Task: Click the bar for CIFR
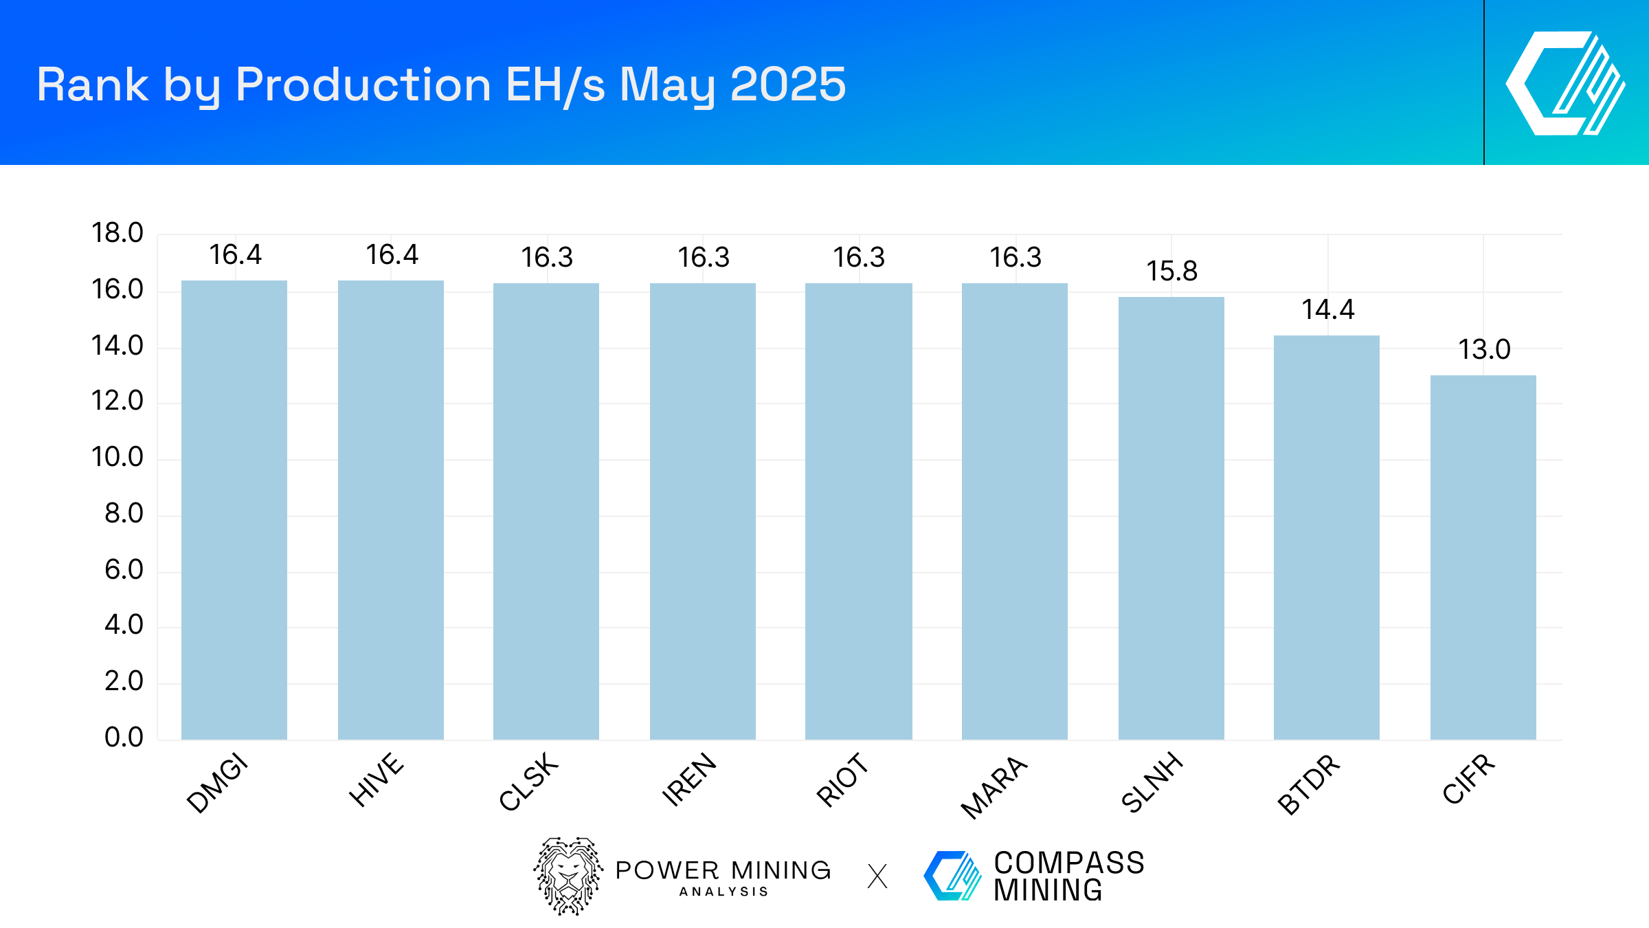tap(1483, 557)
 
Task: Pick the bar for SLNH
tap(1171, 518)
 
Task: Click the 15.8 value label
tap(1171, 272)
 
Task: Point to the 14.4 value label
tap(1327, 310)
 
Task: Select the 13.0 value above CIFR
tap(1484, 350)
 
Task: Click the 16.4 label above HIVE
tap(392, 255)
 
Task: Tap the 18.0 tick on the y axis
tap(117, 233)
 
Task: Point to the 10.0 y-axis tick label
tap(117, 457)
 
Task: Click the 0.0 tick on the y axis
tap(124, 738)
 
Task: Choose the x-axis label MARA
tap(994, 787)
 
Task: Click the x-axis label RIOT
tap(842, 780)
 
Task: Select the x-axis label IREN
tap(688, 780)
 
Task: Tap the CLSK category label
tap(528, 782)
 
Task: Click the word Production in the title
tap(363, 85)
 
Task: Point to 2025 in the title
tap(787, 85)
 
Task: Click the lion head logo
tap(568, 876)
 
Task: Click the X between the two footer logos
tap(877, 876)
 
